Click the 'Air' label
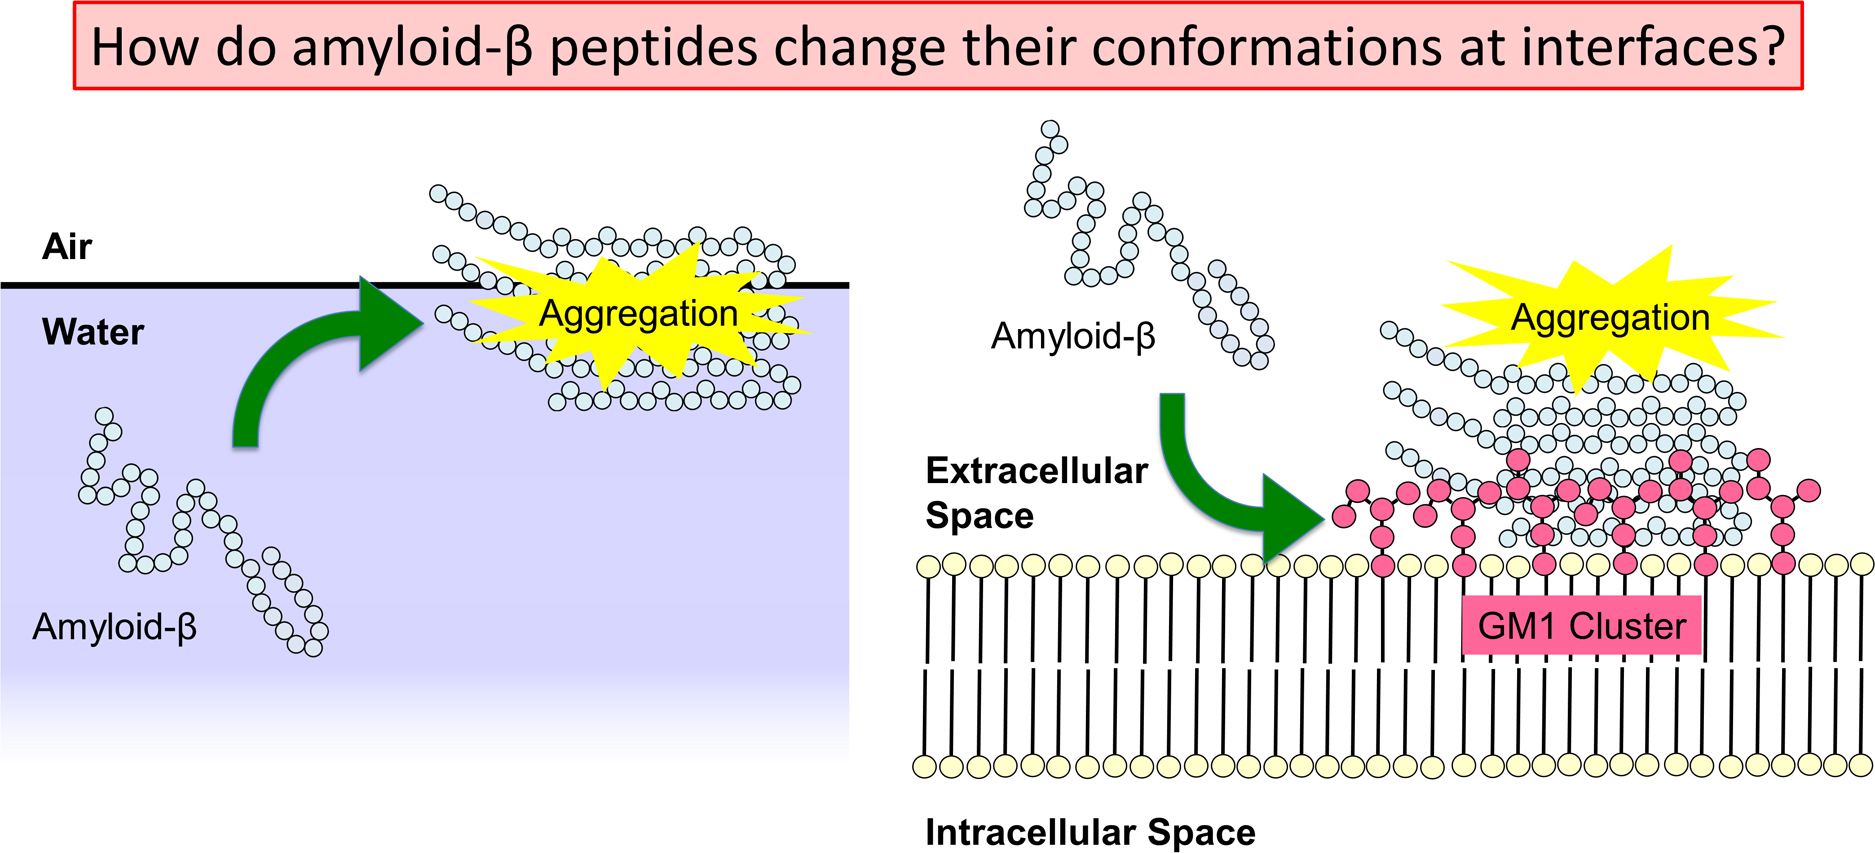click(x=67, y=246)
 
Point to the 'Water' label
click(x=93, y=332)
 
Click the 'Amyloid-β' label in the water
click(x=115, y=627)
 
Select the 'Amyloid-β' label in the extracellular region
click(x=1073, y=336)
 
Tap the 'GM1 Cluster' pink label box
click(x=1582, y=625)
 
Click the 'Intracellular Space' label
click(x=1090, y=832)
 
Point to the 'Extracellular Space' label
click(x=1036, y=493)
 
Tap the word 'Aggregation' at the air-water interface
click(x=638, y=313)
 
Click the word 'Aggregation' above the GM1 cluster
click(x=1610, y=317)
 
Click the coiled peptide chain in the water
click(x=203, y=531)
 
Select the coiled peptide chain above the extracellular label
click(x=1149, y=245)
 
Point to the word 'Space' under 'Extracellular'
click(x=980, y=516)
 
